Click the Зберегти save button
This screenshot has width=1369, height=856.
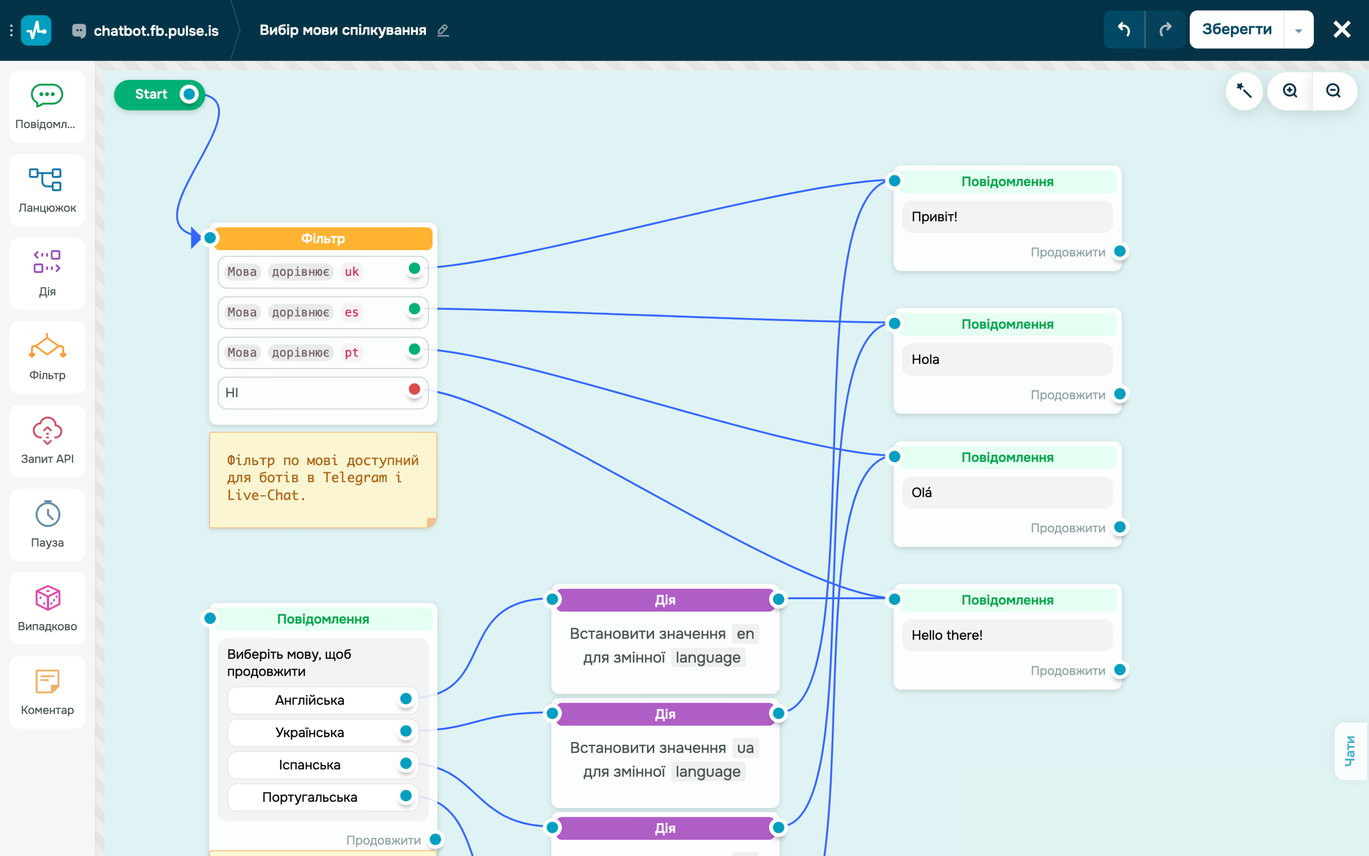[1237, 30]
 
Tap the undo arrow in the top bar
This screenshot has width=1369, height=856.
[1124, 30]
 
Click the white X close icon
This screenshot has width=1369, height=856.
[1342, 30]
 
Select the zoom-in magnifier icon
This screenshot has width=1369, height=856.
[1290, 91]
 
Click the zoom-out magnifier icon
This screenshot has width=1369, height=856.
[1333, 91]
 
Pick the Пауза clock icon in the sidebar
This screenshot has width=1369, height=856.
[47, 514]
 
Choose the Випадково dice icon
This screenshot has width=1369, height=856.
[47, 598]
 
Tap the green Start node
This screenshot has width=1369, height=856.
[159, 95]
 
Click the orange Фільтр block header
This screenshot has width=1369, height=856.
[323, 238]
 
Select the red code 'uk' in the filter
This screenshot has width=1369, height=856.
[352, 272]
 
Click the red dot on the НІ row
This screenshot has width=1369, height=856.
[414, 389]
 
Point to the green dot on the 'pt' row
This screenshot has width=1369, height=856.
[414, 349]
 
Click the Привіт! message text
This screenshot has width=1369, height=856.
[934, 217]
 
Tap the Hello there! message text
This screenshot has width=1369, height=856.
[947, 635]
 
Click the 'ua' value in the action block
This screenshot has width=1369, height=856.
[745, 748]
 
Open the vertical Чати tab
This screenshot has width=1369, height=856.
[1350, 751]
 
